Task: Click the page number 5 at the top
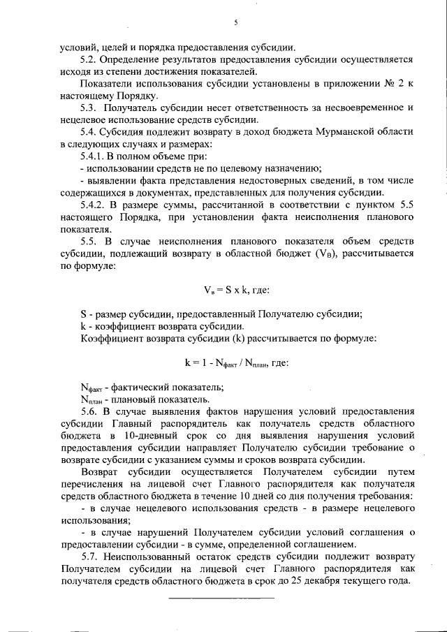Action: (236, 22)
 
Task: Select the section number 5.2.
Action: (90, 60)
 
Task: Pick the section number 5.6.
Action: (90, 412)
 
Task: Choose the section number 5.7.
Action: (90, 558)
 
